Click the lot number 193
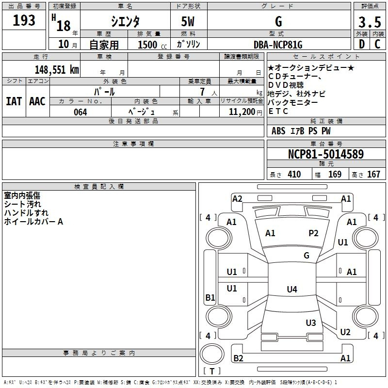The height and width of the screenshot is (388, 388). pyautogui.click(x=24, y=20)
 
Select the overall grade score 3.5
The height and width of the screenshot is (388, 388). pyautogui.click(x=370, y=22)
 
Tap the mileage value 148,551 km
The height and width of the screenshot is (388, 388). pyautogui.click(x=57, y=70)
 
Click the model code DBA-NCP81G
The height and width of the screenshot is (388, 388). pyautogui.click(x=278, y=45)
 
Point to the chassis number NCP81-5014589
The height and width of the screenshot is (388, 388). pyautogui.click(x=326, y=154)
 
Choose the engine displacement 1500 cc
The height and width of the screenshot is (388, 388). pyautogui.click(x=152, y=45)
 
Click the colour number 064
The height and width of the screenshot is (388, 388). pyautogui.click(x=81, y=112)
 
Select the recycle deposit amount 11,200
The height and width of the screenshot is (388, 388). pyautogui.click(x=242, y=112)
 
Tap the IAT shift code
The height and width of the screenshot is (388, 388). pyautogui.click(x=14, y=101)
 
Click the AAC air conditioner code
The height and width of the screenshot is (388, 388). pyautogui.click(x=37, y=101)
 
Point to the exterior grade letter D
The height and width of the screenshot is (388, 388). pyautogui.click(x=362, y=44)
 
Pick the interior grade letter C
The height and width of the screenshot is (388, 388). pyautogui.click(x=377, y=44)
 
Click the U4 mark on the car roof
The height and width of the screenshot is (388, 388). pyautogui.click(x=292, y=289)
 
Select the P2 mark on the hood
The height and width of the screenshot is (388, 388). pyautogui.click(x=313, y=233)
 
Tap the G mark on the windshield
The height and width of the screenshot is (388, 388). pyautogui.click(x=307, y=255)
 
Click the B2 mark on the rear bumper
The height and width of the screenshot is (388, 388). pyautogui.click(x=238, y=358)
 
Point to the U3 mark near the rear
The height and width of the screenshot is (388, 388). pyautogui.click(x=311, y=323)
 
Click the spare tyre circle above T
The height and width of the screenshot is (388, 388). pyautogui.click(x=212, y=354)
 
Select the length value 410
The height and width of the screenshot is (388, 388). pyautogui.click(x=294, y=174)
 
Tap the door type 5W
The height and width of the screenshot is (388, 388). pyautogui.click(x=188, y=21)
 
